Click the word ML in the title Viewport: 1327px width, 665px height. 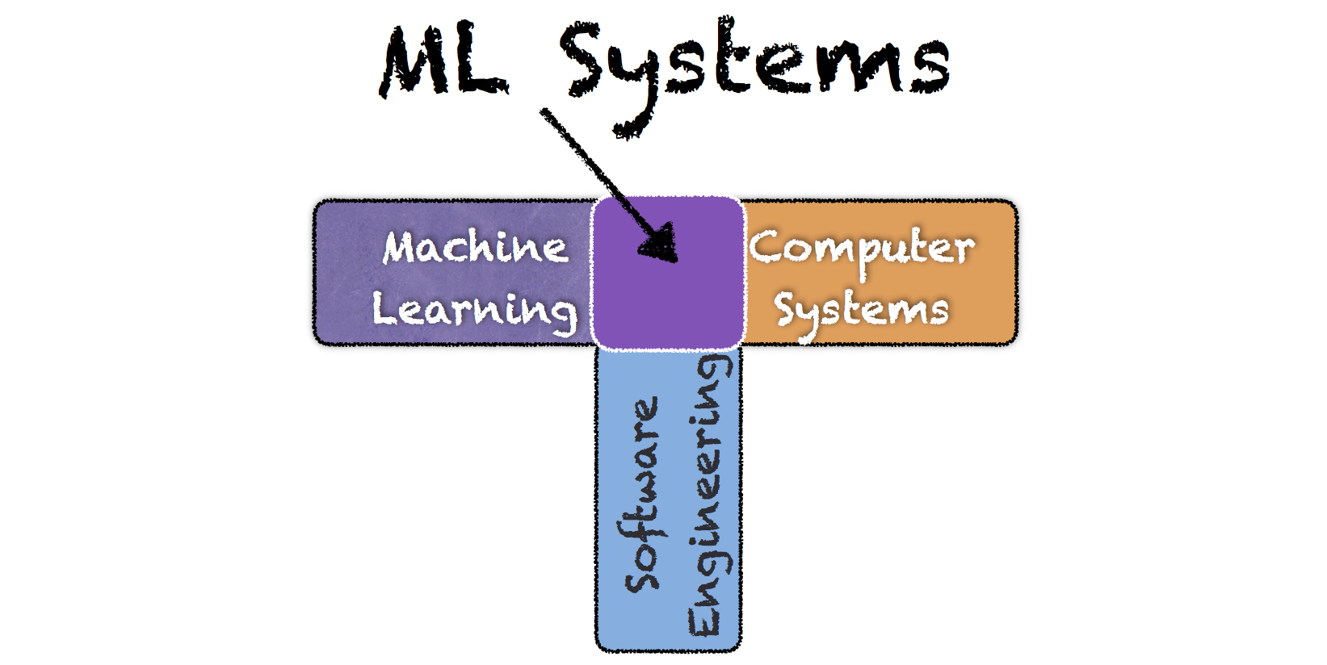tap(444, 63)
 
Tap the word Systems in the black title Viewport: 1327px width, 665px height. tap(755, 65)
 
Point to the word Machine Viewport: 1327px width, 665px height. tap(475, 247)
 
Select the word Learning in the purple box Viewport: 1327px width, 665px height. tap(475, 310)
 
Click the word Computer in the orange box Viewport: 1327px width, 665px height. tap(862, 249)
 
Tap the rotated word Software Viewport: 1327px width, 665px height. tap(643, 494)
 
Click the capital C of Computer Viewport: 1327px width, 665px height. tap(766, 245)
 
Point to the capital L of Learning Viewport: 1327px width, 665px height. tap(385, 307)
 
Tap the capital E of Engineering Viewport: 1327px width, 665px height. tap(704, 617)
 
